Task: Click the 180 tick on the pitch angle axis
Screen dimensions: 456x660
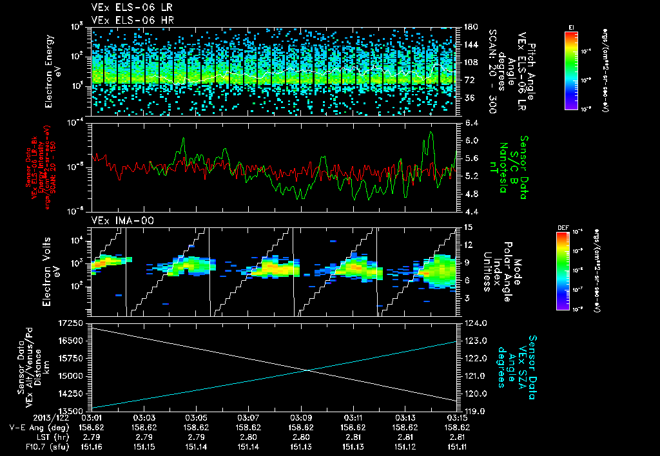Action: click(x=470, y=27)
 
